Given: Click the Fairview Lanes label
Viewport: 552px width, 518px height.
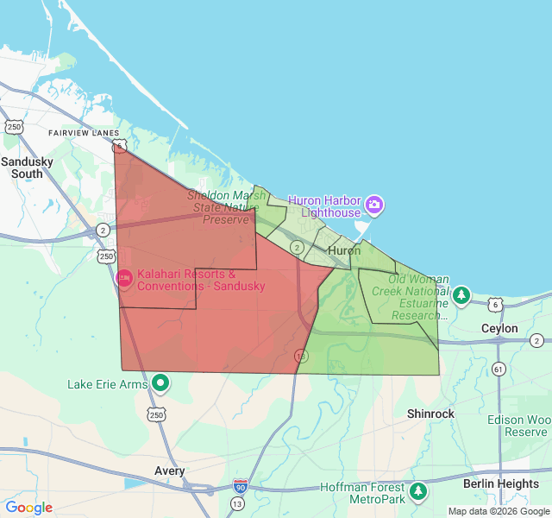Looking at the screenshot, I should click(84, 133).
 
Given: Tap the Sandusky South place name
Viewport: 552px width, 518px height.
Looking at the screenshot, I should click(27, 167).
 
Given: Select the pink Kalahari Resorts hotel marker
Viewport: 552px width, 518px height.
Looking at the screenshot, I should click(124, 278).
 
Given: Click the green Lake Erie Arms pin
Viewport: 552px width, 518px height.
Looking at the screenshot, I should click(160, 382).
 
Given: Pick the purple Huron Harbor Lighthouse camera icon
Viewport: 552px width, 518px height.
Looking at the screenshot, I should click(374, 205).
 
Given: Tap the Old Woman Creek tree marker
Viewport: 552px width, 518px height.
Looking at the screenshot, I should click(461, 295).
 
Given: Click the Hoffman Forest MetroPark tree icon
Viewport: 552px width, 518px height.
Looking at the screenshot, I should click(418, 491).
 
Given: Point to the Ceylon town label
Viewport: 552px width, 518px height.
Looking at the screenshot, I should click(499, 329).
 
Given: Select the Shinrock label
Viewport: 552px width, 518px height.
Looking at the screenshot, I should click(430, 414).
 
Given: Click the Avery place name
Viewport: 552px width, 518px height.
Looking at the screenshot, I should click(169, 471).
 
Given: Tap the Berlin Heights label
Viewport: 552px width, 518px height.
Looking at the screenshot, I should click(500, 483).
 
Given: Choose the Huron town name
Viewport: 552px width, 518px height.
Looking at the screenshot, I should click(344, 250).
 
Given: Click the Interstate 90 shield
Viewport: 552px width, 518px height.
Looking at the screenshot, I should click(240, 487).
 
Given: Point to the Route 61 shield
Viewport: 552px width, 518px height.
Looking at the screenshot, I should click(499, 370).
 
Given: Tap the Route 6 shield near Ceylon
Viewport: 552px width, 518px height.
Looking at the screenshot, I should click(494, 304).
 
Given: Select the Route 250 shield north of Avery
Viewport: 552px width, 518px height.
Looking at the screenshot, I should click(156, 415).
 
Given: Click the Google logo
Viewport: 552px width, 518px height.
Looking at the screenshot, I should click(28, 508).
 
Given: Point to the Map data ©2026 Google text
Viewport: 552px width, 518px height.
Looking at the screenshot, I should click(499, 511).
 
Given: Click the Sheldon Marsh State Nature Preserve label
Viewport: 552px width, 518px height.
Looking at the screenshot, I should click(226, 207).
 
